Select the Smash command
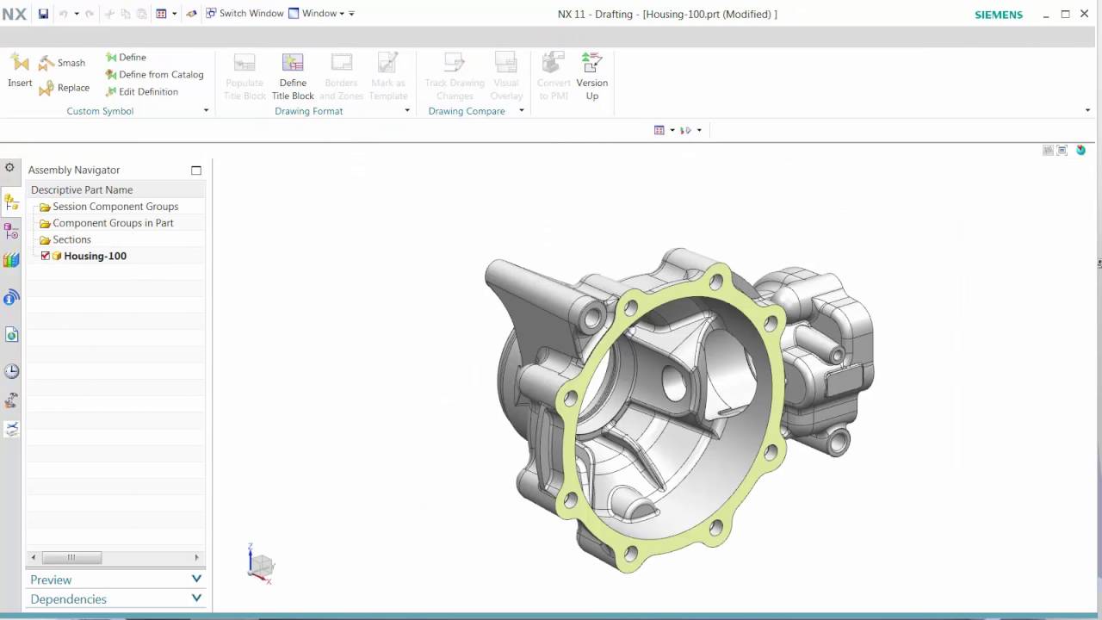(62, 63)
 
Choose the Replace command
(64, 88)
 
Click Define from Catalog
(154, 75)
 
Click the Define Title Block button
(293, 77)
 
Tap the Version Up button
(591, 77)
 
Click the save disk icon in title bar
(43, 14)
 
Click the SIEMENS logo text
(998, 15)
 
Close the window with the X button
(1085, 14)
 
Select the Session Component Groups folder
(115, 207)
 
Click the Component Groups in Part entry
(113, 223)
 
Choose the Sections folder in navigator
(71, 239)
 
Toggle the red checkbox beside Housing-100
(46, 256)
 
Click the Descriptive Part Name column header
(82, 189)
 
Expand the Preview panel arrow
(196, 580)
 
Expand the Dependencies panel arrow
(196, 598)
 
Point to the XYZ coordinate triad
(260, 564)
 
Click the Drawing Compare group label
(466, 111)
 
